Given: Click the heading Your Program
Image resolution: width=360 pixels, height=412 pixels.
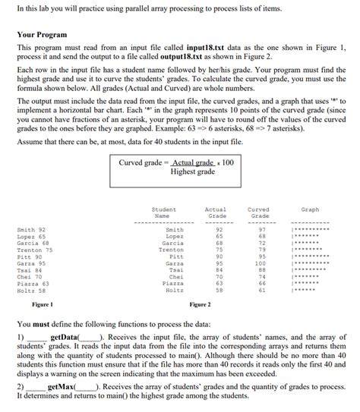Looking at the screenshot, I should point(42,35).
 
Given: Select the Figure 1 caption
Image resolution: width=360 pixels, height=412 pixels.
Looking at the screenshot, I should point(43,304).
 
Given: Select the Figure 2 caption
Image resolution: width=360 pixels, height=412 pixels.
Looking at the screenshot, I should point(200,304).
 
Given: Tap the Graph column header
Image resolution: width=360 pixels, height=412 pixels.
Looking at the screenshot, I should point(310,209).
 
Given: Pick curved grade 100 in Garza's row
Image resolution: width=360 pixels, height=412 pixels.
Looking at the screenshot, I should point(260,263).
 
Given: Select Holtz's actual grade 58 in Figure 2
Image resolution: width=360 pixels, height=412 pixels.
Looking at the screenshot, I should point(219,290).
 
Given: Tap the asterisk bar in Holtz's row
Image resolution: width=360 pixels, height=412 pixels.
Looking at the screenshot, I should point(306,291).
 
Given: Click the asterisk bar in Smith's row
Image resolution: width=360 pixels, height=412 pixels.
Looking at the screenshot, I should point(311,229).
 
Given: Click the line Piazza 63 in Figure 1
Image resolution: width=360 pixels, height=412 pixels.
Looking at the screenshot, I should point(33,283).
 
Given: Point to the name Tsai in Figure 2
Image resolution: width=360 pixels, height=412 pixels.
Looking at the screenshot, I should point(176,270).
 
